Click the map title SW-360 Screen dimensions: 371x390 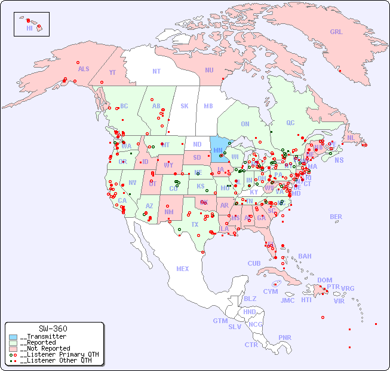tap(53, 329)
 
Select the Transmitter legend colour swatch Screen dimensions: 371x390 tap(13, 337)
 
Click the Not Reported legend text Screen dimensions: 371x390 tap(45, 348)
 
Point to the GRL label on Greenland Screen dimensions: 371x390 tap(336, 32)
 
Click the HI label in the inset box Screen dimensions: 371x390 tap(29, 28)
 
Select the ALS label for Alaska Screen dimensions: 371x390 tap(84, 69)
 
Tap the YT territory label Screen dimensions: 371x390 tap(112, 72)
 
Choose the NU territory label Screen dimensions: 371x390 tap(209, 70)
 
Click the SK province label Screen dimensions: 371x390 tap(185, 106)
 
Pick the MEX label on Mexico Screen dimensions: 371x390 tap(183, 269)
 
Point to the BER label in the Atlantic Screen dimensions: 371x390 tap(336, 217)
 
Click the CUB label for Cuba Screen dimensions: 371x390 tap(254, 263)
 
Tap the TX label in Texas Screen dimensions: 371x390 tap(195, 224)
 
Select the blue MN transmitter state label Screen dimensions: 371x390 tap(218, 150)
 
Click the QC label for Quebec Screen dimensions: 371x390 tap(290, 123)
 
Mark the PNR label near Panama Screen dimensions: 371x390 tap(285, 337)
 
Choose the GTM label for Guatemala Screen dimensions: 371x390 tap(220, 321)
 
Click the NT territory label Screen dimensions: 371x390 tap(156, 71)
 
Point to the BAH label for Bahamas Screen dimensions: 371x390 tap(305, 256)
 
